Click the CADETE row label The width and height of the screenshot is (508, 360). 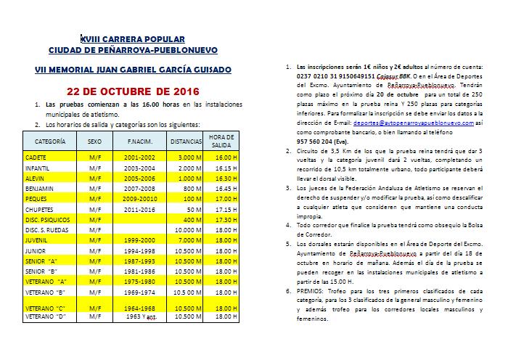click(x=37, y=157)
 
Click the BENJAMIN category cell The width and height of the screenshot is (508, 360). click(x=40, y=187)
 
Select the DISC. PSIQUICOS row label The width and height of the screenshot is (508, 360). click(x=48, y=218)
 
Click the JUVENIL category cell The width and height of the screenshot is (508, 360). click(x=38, y=240)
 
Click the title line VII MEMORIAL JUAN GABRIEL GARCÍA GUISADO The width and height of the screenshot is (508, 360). click(x=133, y=70)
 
